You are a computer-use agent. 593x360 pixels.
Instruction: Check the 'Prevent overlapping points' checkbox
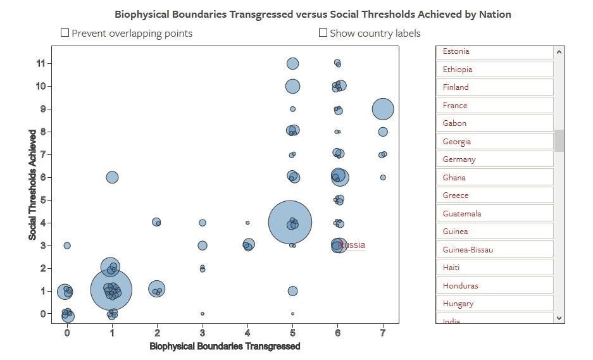pyautogui.click(x=65, y=33)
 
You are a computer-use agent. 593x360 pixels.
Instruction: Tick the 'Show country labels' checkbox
pyautogui.click(x=323, y=33)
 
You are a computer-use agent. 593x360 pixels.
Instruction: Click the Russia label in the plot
pyautogui.click(x=351, y=245)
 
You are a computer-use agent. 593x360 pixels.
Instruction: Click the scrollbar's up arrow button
pyautogui.click(x=559, y=53)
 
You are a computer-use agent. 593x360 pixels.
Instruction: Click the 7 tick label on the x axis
pyautogui.click(x=383, y=332)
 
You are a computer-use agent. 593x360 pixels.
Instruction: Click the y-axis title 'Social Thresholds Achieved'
pyautogui.click(x=32, y=185)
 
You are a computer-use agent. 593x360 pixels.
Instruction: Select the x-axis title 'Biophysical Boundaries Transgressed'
pyautogui.click(x=225, y=346)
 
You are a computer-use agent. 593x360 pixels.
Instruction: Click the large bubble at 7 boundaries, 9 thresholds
pyautogui.click(x=383, y=109)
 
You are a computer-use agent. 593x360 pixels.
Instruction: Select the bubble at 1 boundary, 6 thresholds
pyautogui.click(x=112, y=177)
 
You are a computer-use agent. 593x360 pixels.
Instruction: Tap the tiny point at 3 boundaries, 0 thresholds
pyautogui.click(x=203, y=314)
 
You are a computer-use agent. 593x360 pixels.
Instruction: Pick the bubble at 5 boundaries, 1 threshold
pyautogui.click(x=292, y=291)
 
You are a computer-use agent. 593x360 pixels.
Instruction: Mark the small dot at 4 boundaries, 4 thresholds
pyautogui.click(x=247, y=223)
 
